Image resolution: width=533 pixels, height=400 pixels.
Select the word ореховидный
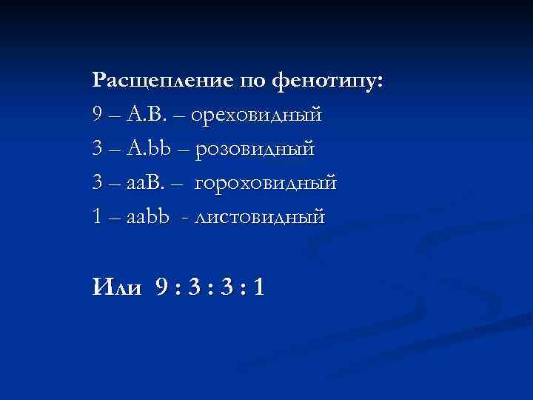tap(258, 115)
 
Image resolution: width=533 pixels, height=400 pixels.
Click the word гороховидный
tap(266, 182)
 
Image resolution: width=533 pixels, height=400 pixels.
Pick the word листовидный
tap(259, 216)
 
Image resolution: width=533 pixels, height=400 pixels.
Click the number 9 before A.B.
tap(98, 115)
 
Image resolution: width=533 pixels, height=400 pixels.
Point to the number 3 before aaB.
tap(98, 182)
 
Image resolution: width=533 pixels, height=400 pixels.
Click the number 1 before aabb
tap(98, 216)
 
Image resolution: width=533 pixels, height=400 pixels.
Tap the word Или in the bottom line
tap(116, 286)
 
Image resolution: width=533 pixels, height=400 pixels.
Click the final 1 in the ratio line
tap(256, 286)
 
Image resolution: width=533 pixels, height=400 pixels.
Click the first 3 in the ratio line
tap(194, 286)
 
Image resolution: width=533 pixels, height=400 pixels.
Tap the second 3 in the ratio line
tap(225, 286)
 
